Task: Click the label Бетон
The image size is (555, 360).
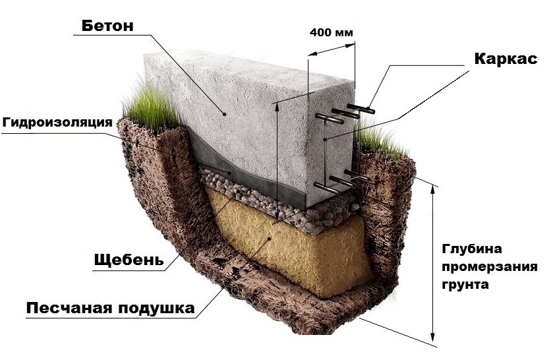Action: [x=107, y=26]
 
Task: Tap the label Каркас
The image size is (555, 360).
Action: [x=506, y=58]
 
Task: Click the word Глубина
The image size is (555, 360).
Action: [x=472, y=249]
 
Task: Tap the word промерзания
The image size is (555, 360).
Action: [x=489, y=267]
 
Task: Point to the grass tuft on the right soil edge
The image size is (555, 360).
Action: [x=376, y=140]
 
